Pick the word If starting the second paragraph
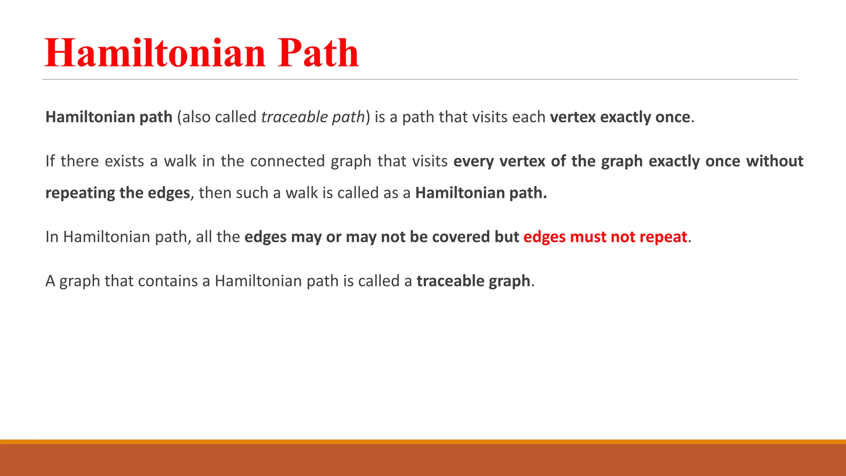50,161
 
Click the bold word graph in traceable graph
509,281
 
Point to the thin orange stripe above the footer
423,442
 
